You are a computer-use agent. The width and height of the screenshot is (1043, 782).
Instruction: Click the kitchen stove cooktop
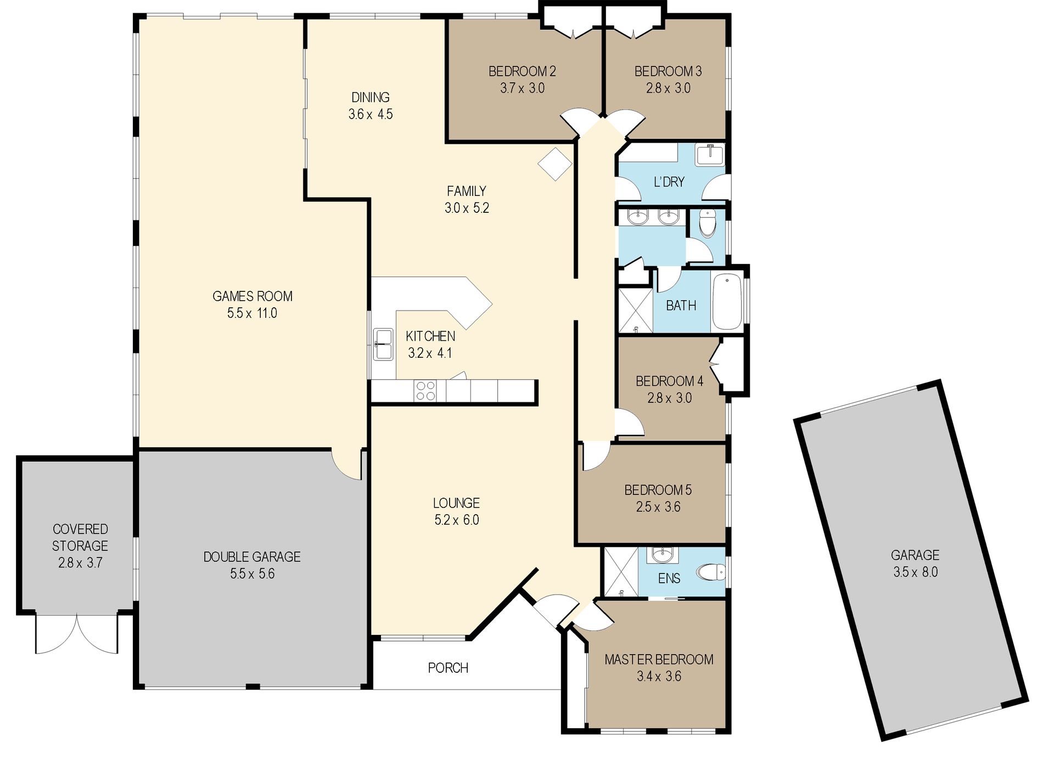tap(425, 391)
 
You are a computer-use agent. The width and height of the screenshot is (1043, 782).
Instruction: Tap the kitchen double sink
tap(383, 345)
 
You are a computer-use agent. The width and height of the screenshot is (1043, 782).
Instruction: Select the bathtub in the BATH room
tap(727, 301)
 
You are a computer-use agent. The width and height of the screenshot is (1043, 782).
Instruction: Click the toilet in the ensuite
tap(711, 572)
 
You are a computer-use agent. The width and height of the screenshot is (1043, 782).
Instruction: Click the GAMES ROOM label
tap(253, 296)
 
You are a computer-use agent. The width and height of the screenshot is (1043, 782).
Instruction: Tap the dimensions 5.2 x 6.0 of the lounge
tap(457, 520)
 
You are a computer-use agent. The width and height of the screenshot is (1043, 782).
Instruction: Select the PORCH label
tap(448, 668)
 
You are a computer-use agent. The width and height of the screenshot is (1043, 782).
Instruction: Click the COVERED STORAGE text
tap(80, 537)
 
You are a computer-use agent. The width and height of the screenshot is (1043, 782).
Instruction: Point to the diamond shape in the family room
tap(555, 164)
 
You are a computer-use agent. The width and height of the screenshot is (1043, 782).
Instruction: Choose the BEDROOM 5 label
tap(658, 490)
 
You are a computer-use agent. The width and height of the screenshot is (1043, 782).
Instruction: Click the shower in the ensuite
tap(621, 572)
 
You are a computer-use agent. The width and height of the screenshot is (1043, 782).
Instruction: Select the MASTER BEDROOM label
tap(659, 659)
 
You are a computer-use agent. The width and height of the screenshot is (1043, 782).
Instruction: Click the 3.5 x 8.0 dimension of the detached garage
tap(915, 572)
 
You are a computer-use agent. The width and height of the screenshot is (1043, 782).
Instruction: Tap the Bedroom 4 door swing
tap(629, 422)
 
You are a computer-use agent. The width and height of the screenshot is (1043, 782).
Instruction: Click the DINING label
tap(371, 97)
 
